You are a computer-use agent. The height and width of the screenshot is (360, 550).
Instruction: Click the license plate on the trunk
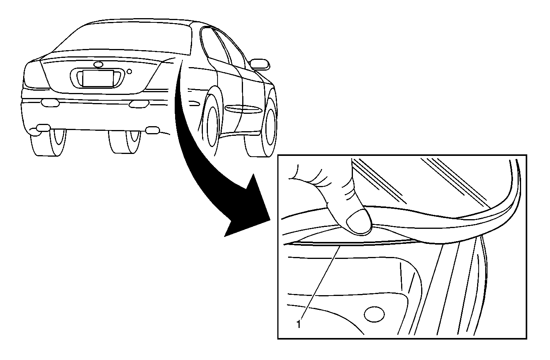tap(98, 78)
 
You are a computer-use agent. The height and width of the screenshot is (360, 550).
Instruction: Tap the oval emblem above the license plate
tap(98, 64)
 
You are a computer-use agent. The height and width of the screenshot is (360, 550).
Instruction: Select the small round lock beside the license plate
tap(129, 71)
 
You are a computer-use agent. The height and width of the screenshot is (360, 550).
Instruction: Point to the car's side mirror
tap(260, 64)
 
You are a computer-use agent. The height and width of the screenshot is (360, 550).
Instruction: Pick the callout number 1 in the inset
tap(298, 325)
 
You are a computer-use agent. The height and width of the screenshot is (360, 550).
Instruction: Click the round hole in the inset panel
tap(374, 314)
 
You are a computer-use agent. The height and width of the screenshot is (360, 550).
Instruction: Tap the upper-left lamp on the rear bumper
tap(51, 103)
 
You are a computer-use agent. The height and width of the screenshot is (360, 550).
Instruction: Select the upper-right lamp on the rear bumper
tap(138, 104)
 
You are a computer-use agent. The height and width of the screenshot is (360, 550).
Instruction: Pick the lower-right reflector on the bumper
tap(152, 130)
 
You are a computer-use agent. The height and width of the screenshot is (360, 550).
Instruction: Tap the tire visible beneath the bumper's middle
tap(125, 142)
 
